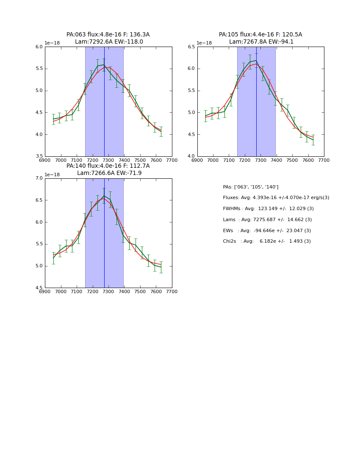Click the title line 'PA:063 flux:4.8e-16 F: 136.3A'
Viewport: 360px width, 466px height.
[108, 35]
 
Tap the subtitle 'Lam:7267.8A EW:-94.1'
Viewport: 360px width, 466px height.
[261, 42]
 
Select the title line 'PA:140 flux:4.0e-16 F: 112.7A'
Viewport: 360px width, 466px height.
[108, 166]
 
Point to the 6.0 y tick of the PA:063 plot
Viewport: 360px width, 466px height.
[39, 47]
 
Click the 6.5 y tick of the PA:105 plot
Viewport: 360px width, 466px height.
[191, 47]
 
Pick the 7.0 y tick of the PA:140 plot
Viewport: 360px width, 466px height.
[39, 178]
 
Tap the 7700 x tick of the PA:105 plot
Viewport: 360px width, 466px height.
[324, 161]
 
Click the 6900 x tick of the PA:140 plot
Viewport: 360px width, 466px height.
[45, 292]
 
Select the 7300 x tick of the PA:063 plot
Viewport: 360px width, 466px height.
[108, 161]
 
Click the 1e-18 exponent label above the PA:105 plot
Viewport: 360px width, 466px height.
[204, 43]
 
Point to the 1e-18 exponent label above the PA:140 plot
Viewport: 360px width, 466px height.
[52, 175]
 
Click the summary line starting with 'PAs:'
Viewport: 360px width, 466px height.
[251, 187]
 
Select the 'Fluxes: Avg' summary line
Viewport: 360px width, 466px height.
[276, 198]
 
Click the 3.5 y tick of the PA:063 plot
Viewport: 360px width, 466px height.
[39, 156]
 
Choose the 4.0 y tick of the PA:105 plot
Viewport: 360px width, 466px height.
[191, 156]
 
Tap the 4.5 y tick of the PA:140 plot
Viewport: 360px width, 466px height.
[39, 288]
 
